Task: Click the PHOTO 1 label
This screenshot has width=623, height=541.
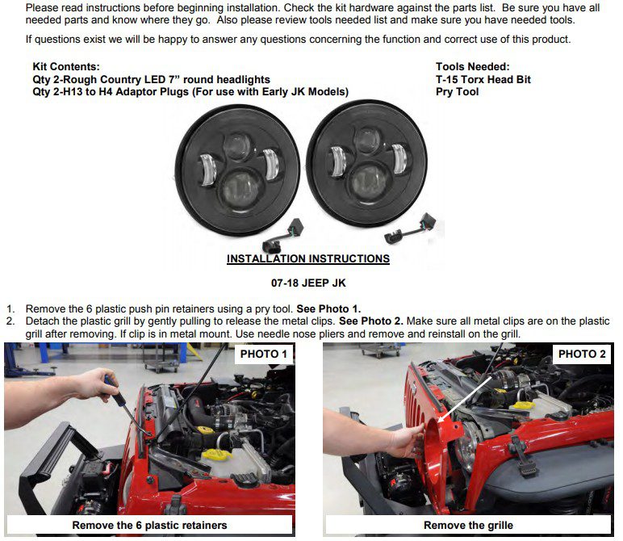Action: pyautogui.click(x=263, y=354)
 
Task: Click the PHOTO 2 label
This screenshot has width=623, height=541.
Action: pyautogui.click(x=582, y=354)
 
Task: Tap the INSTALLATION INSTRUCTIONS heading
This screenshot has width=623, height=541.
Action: pyautogui.click(x=308, y=258)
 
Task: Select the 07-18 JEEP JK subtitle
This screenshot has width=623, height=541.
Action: pyautogui.click(x=308, y=283)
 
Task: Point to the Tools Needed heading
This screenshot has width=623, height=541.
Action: pyautogui.click(x=472, y=67)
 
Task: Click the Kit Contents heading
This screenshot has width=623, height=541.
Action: pyautogui.click(x=66, y=67)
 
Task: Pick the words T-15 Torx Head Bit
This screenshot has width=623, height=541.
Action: pyautogui.click(x=483, y=79)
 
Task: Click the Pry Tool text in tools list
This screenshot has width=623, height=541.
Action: pyautogui.click(x=457, y=92)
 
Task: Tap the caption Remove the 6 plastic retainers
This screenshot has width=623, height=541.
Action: pyautogui.click(x=149, y=525)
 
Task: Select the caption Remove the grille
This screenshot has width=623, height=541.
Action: pyautogui.click(x=468, y=525)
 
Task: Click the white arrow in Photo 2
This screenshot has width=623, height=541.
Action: pyautogui.click(x=465, y=400)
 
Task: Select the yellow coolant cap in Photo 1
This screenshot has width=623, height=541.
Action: pyautogui.click(x=216, y=455)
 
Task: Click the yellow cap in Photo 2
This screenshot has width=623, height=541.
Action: pyautogui.click(x=525, y=406)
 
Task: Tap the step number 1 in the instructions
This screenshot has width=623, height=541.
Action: pyautogui.click(x=10, y=309)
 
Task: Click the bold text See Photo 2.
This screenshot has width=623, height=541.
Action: pyautogui.click(x=370, y=321)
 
